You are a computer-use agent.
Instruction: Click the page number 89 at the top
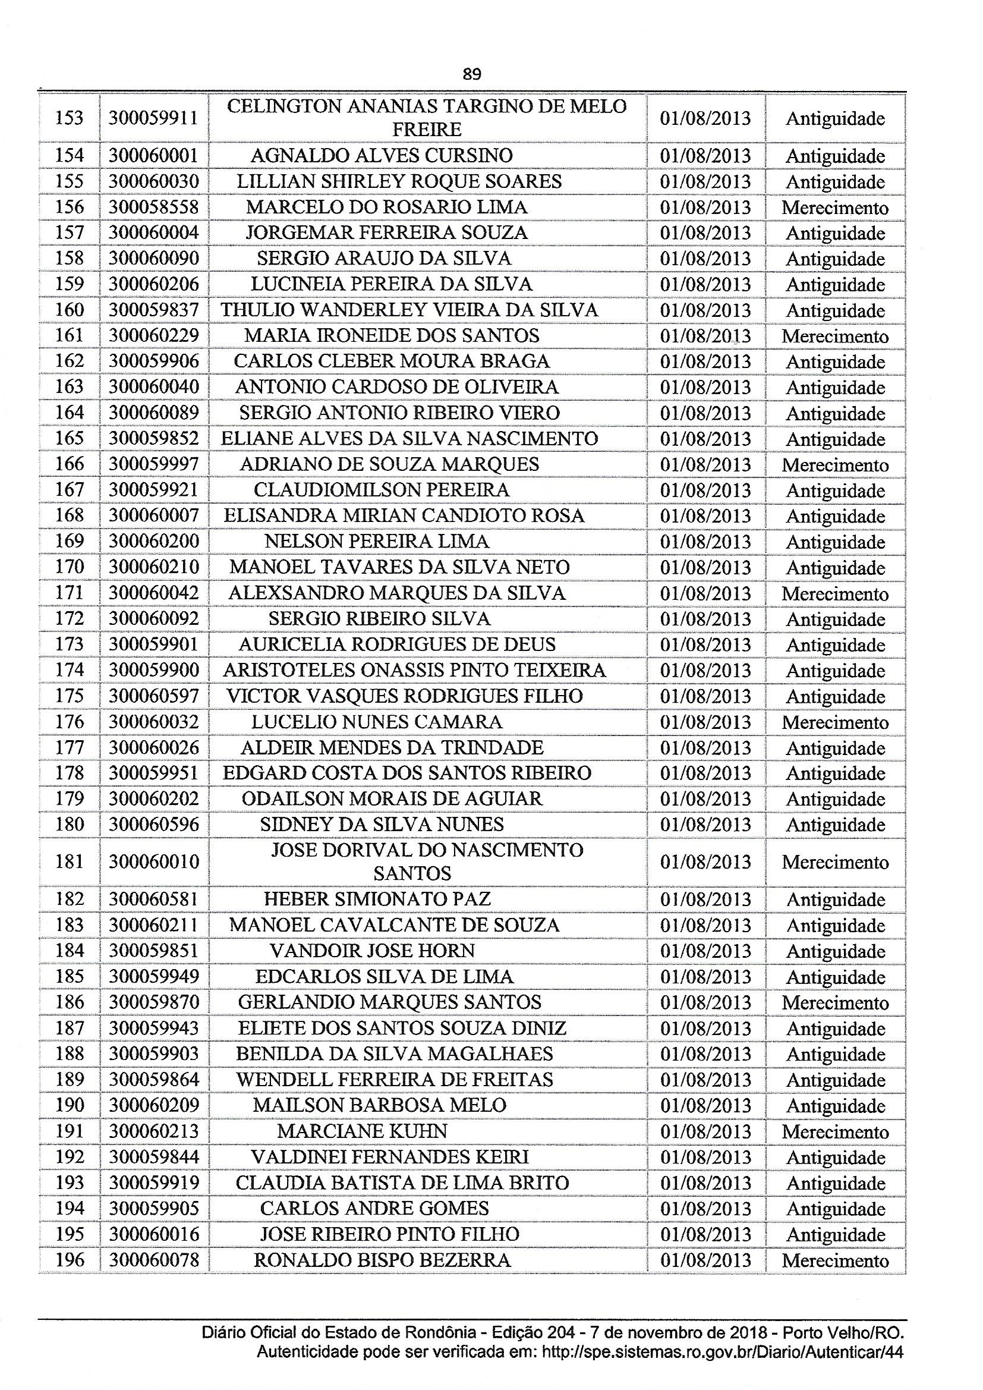pyautogui.click(x=471, y=74)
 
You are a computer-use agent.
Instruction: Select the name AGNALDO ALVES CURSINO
pyautogui.click(x=382, y=156)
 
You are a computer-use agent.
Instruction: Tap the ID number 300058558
pyautogui.click(x=154, y=207)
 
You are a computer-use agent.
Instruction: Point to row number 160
pyautogui.click(x=69, y=310)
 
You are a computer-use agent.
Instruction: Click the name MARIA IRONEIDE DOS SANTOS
pyautogui.click(x=391, y=335)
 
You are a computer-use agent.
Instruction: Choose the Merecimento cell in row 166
pyautogui.click(x=834, y=465)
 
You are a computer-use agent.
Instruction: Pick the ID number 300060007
pyautogui.click(x=154, y=516)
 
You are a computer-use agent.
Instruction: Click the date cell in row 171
pyautogui.click(x=705, y=593)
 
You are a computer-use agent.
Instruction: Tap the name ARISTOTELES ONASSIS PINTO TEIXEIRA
pyautogui.click(x=414, y=670)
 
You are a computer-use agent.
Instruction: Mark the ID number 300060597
pyautogui.click(x=154, y=696)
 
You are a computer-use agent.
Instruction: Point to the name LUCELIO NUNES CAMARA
pyautogui.click(x=376, y=722)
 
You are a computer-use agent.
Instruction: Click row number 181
pyautogui.click(x=69, y=861)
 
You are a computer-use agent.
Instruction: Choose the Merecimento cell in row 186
pyautogui.click(x=834, y=1002)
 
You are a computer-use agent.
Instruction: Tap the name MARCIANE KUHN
pyautogui.click(x=362, y=1131)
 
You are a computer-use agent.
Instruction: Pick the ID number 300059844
pyautogui.click(x=154, y=1157)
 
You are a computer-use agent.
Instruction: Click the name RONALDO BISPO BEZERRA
pyautogui.click(x=382, y=1260)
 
